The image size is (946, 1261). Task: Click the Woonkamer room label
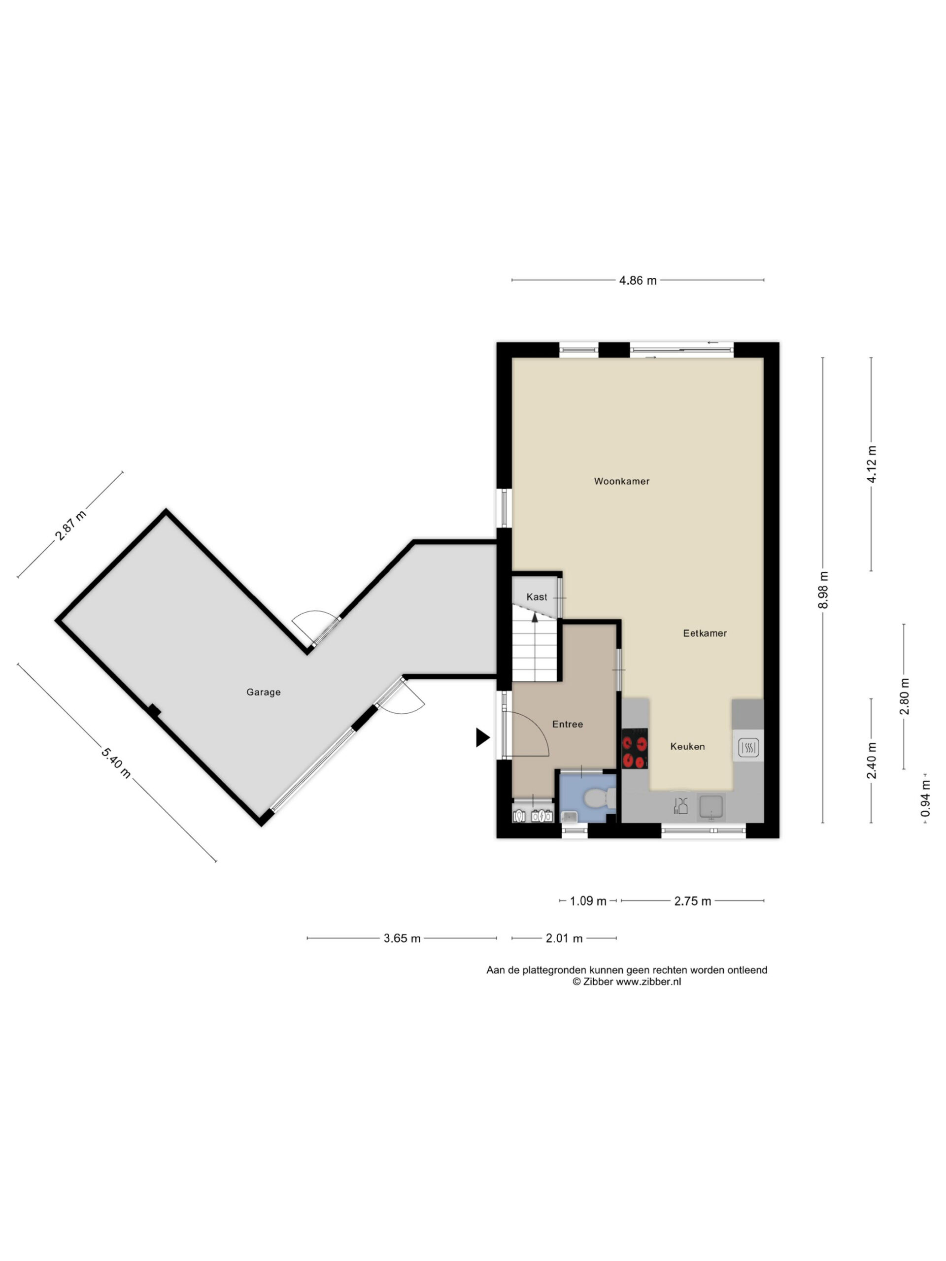(621, 481)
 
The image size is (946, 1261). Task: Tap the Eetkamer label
(705, 633)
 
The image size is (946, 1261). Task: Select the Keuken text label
(688, 746)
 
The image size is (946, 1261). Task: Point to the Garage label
(264, 692)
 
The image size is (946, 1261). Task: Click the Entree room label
(568, 724)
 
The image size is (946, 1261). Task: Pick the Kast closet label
(537, 597)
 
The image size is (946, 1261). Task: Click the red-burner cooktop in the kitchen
(635, 749)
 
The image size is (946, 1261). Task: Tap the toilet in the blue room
(599, 798)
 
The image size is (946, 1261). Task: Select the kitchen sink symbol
(711, 807)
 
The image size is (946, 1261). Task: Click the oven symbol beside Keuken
(748, 747)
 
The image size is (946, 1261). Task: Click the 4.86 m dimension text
(638, 280)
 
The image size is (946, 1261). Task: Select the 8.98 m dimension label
(823, 590)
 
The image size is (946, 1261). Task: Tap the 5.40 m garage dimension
(116, 762)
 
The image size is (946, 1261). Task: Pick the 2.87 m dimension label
(71, 525)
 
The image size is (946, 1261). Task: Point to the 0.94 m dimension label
(925, 798)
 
